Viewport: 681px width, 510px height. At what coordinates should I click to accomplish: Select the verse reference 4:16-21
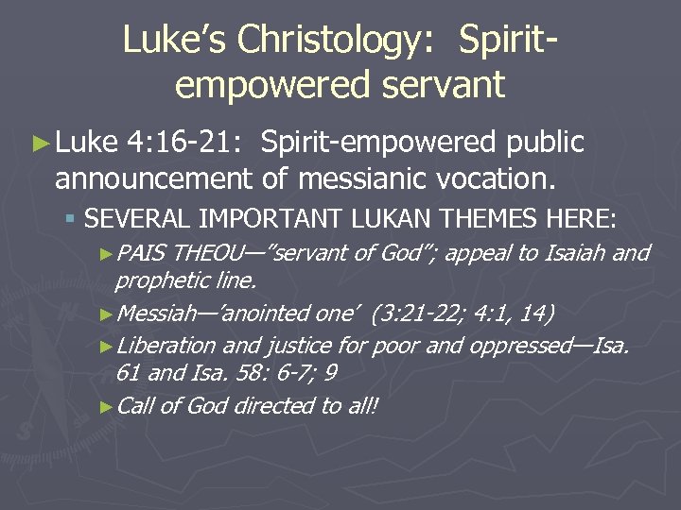[185, 143]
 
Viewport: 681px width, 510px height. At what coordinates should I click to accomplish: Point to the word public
[546, 143]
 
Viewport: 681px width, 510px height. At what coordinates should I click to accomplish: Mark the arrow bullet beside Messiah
[106, 314]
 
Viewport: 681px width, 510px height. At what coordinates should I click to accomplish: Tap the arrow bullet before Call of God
[106, 406]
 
